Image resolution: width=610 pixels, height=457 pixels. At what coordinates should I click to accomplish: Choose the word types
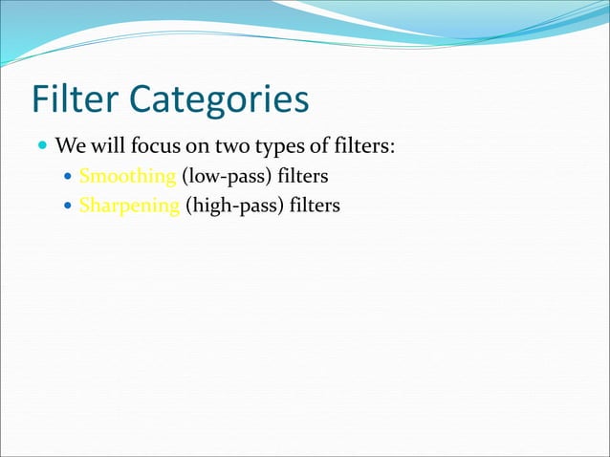pos(268,148)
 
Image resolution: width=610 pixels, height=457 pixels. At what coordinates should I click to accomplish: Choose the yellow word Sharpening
pos(128,207)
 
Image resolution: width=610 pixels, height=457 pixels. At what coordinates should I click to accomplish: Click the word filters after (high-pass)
pos(312,206)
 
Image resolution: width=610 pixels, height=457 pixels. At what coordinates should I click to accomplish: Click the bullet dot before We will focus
pos(42,148)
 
